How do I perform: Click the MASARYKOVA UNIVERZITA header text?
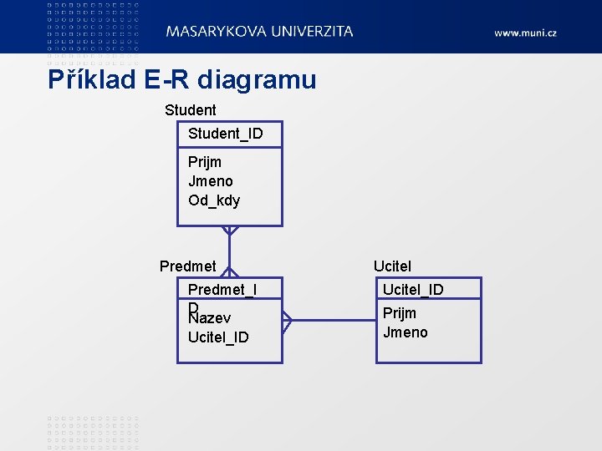pos(259,31)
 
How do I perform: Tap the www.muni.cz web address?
pos(525,33)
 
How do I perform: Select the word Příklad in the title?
pos(93,80)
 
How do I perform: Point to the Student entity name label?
pos(190,110)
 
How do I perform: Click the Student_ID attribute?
pos(225,134)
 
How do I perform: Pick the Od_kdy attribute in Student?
pos(214,200)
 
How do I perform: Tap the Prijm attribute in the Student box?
pos(205,162)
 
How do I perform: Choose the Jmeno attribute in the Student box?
pos(211,181)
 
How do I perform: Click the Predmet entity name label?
pos(187,266)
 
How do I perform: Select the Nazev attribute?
pos(210,318)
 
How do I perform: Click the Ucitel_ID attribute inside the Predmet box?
pos(218,337)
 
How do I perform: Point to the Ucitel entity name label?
pos(392,266)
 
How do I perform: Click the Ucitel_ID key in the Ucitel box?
pos(413,290)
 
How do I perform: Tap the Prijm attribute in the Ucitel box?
pos(400,313)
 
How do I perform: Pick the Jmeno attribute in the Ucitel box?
pos(406,332)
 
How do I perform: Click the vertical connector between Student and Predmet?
pos(229,251)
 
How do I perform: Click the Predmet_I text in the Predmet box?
pos(222,290)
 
